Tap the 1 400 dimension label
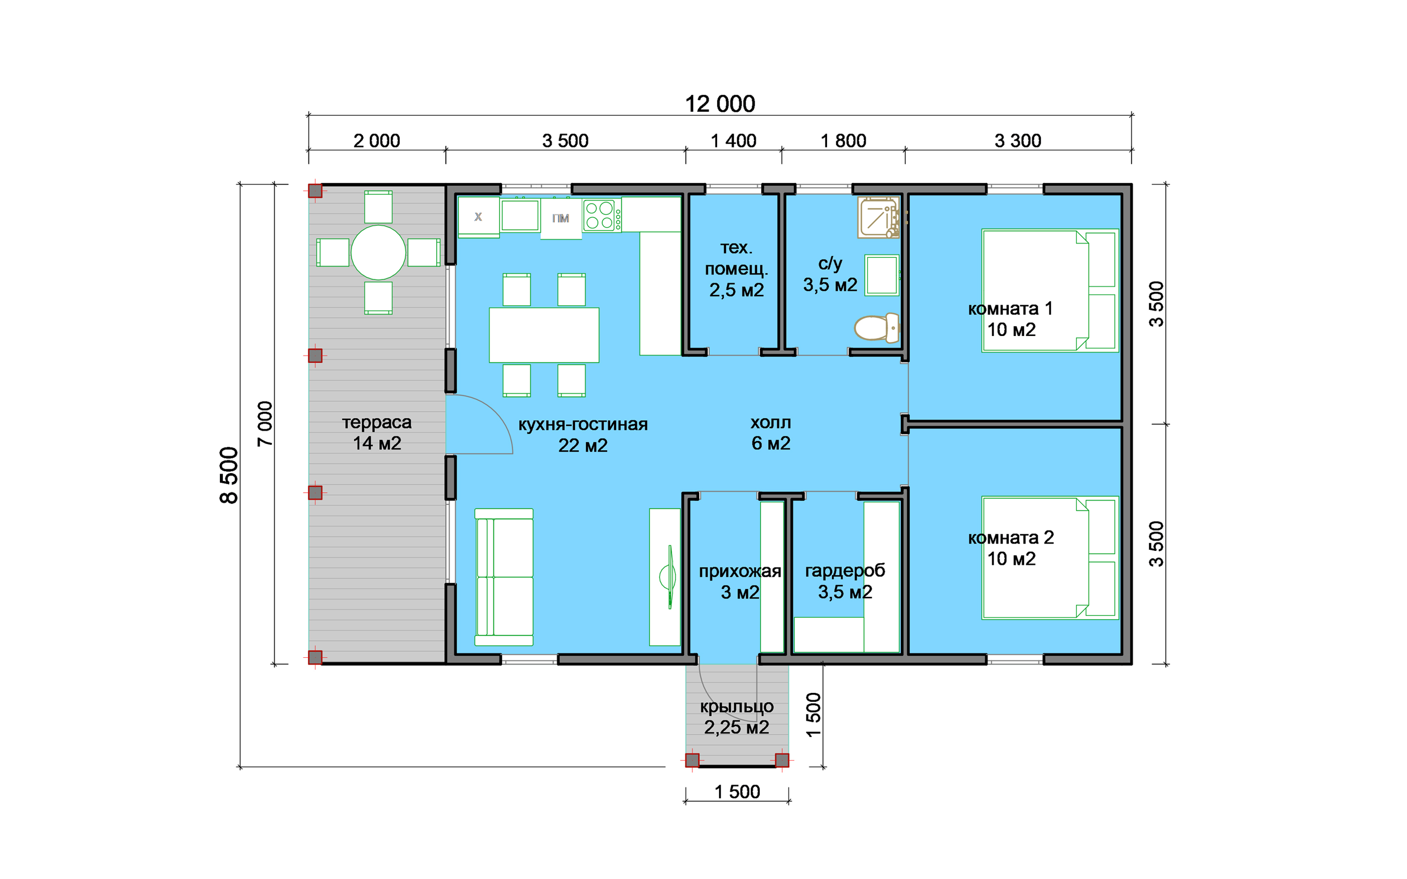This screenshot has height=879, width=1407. tap(734, 141)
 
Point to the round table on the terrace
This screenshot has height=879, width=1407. tap(378, 252)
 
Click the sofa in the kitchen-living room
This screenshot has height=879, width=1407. tap(504, 577)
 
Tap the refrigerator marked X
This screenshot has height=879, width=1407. tap(478, 217)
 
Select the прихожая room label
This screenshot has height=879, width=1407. tap(740, 571)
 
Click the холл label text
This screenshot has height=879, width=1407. tap(770, 422)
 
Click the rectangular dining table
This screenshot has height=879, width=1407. tap(544, 335)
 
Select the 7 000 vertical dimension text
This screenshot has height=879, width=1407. tap(264, 423)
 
